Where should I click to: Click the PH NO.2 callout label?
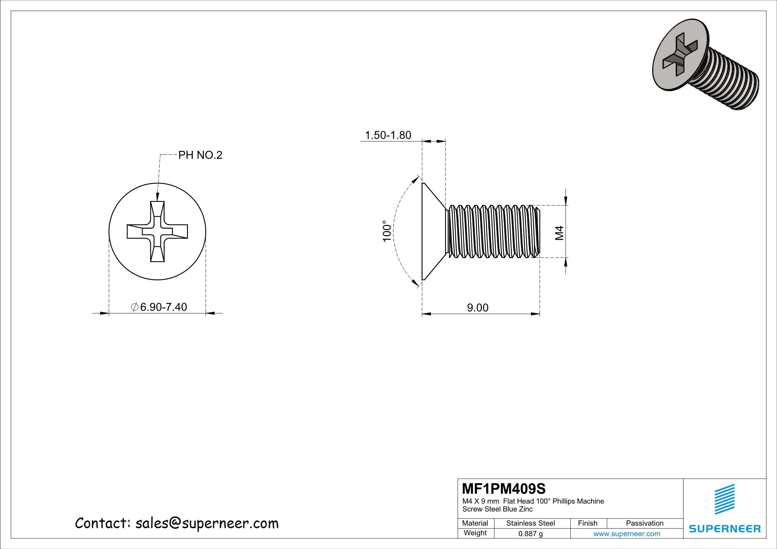tap(200, 155)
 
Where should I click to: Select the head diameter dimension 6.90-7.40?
tap(160, 307)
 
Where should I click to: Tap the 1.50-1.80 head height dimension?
tap(388, 135)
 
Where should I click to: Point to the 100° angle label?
tap(387, 231)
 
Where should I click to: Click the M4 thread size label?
tap(559, 233)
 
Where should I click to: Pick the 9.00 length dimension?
tap(478, 308)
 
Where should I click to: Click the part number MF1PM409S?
tap(504, 489)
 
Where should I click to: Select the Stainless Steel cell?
tap(530, 523)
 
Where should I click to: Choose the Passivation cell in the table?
tap(644, 523)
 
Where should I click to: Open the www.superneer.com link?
tap(626, 534)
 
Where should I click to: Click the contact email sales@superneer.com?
tap(207, 523)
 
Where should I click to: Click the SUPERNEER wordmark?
tap(725, 529)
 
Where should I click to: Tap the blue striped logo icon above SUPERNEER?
tap(724, 500)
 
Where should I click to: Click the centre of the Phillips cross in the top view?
tap(157, 231)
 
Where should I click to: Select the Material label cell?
tap(475, 523)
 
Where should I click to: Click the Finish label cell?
tap(587, 523)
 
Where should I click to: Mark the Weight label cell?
tap(475, 533)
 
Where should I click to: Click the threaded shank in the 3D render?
tap(730, 80)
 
